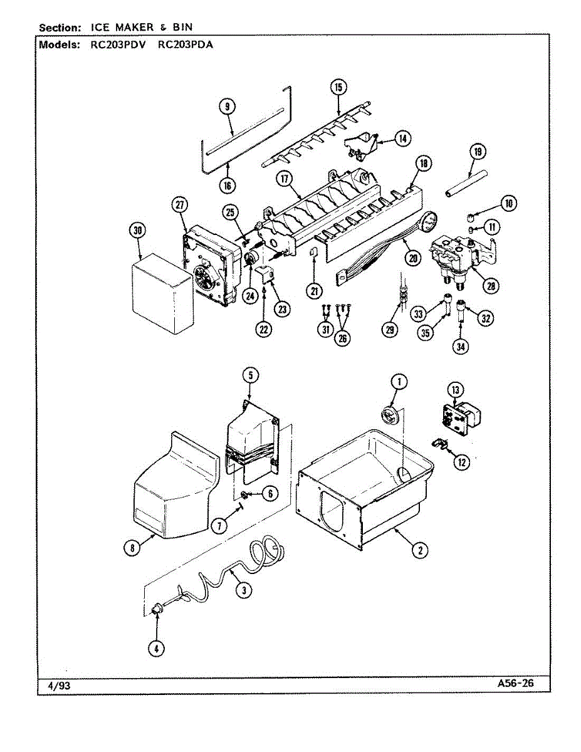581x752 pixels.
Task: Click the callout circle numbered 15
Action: (338, 87)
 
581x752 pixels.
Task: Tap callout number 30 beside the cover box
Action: (138, 231)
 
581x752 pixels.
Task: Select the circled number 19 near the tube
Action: (478, 152)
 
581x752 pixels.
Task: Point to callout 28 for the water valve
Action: (491, 286)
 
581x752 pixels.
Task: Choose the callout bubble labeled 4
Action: (157, 649)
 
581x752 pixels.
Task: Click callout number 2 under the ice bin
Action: (420, 550)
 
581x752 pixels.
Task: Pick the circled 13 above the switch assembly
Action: (456, 390)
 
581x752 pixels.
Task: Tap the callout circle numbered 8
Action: (132, 548)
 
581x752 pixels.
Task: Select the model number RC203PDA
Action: (186, 45)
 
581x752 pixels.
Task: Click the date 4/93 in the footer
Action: (59, 686)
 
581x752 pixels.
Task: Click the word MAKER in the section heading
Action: (134, 28)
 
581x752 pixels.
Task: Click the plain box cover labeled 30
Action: (162, 293)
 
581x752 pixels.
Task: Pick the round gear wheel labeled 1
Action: (390, 415)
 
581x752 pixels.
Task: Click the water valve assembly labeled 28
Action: (464, 259)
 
